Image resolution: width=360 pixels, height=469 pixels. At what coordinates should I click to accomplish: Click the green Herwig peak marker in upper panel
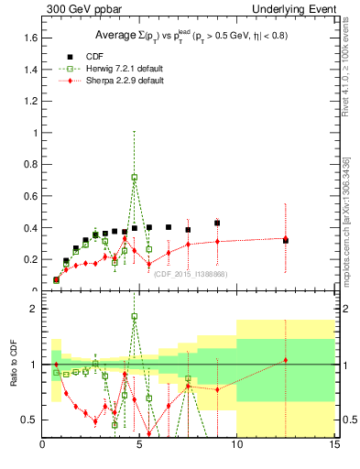[135, 177]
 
